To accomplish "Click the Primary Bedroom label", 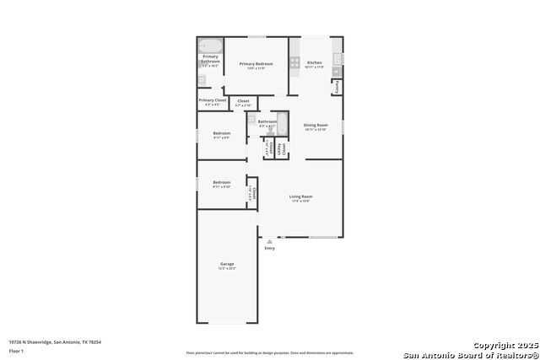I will click(256, 64).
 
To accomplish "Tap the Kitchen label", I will click(314, 64).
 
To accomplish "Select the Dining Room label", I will click(316, 126).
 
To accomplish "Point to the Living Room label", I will click(300, 197).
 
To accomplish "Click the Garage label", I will click(227, 265).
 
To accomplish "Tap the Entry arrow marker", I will click(270, 241).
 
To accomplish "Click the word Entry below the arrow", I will click(270, 249).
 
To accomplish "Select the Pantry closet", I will click(337, 88).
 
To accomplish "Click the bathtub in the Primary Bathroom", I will click(210, 46).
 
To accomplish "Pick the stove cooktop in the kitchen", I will click(295, 62).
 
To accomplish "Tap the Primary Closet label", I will click(212, 101).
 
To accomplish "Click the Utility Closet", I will click(283, 150).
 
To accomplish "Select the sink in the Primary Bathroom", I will click(202, 81).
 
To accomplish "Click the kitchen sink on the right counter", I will click(337, 59).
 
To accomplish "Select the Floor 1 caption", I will click(16, 349).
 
